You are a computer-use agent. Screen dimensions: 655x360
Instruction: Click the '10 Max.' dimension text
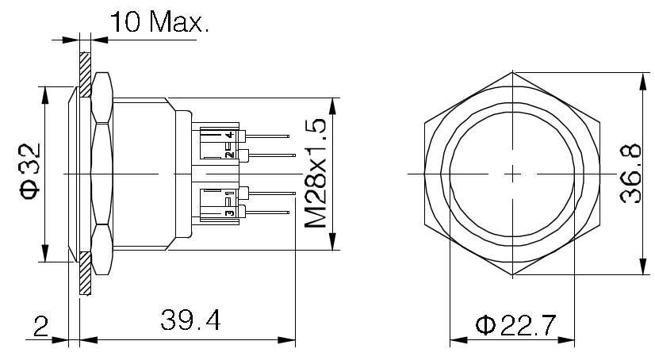click(159, 21)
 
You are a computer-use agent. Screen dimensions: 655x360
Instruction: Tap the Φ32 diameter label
click(30, 172)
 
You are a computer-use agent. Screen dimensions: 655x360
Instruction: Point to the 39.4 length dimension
click(190, 320)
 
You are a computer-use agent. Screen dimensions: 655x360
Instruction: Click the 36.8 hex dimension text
click(630, 174)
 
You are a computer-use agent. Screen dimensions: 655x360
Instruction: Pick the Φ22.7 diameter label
click(516, 325)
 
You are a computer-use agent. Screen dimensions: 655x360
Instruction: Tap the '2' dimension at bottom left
click(40, 327)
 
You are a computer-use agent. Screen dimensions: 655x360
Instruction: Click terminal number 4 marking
click(228, 136)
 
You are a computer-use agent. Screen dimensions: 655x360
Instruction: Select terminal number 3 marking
click(228, 213)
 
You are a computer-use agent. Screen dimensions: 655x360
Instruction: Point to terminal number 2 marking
click(228, 154)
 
